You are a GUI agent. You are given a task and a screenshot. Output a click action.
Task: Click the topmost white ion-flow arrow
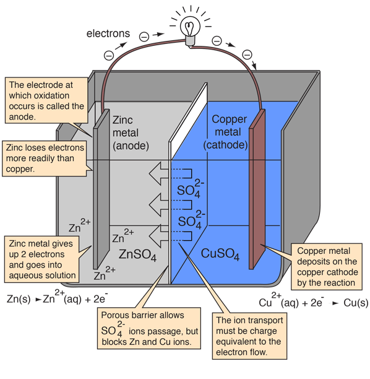(x=163, y=173)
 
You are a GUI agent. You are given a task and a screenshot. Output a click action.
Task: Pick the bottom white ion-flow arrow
(x=163, y=235)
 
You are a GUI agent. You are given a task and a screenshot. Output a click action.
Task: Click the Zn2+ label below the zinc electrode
(x=103, y=271)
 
